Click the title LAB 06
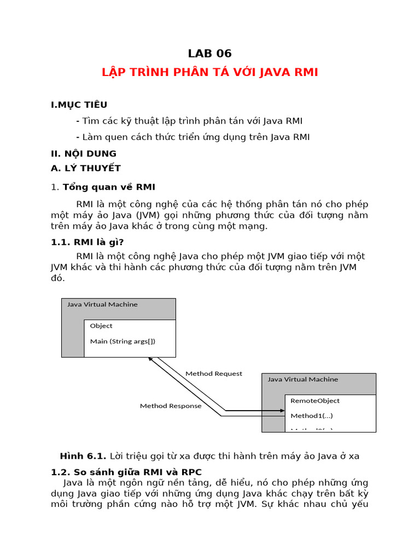210,53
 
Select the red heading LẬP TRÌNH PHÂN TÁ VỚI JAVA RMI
210,72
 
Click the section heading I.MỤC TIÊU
79,104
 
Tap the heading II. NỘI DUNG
84,153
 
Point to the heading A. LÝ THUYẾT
86,168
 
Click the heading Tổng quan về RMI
109,187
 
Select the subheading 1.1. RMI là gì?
91,242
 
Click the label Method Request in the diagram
214,374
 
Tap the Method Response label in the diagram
171,406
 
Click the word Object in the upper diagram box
101,326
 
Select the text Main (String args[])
122,341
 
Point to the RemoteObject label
315,401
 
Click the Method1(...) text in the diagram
312,416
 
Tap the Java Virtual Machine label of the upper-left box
102,305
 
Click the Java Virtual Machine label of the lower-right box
303,379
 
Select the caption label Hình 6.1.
83,456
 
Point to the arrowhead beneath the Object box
151,360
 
